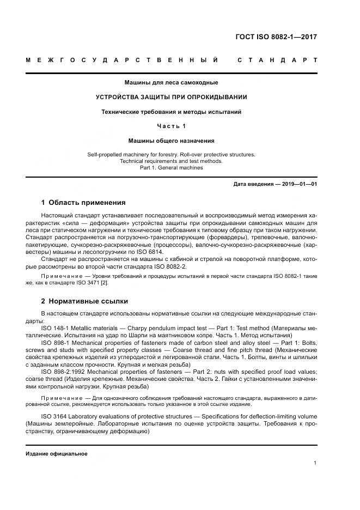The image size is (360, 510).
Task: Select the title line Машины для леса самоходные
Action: click(172, 83)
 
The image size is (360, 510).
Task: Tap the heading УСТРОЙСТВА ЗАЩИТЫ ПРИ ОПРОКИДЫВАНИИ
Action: click(172, 97)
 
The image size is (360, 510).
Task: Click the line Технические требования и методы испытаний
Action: click(172, 112)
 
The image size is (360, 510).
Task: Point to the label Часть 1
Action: click(172, 126)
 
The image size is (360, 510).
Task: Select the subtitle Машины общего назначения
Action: click(172, 141)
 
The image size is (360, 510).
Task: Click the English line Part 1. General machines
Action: click(172, 168)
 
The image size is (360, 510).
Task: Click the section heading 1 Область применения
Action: click(83, 203)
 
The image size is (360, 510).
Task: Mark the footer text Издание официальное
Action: click(57, 454)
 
